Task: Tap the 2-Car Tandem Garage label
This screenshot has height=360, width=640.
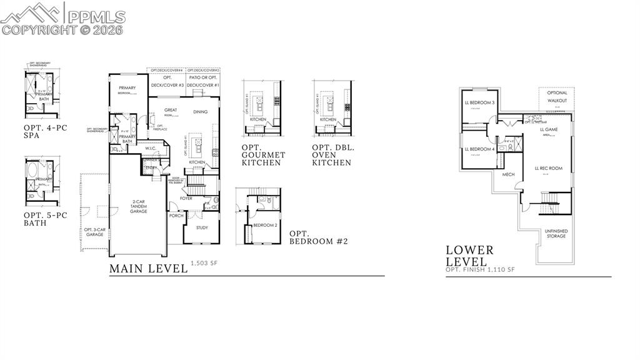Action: (x=138, y=207)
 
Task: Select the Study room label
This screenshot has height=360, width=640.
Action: (x=201, y=227)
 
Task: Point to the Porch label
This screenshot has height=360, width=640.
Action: (x=176, y=216)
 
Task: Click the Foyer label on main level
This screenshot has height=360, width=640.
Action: (x=187, y=198)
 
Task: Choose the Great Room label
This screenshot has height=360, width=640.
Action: (x=171, y=111)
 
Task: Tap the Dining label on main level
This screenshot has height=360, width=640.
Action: (x=200, y=112)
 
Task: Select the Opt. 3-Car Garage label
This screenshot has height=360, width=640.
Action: (x=93, y=232)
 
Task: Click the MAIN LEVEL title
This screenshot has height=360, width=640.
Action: (x=148, y=269)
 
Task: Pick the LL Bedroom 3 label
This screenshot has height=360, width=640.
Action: (x=480, y=102)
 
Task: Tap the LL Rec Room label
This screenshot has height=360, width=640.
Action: (x=548, y=168)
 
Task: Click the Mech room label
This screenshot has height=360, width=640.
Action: (x=508, y=174)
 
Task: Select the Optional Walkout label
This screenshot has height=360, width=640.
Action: (x=557, y=96)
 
